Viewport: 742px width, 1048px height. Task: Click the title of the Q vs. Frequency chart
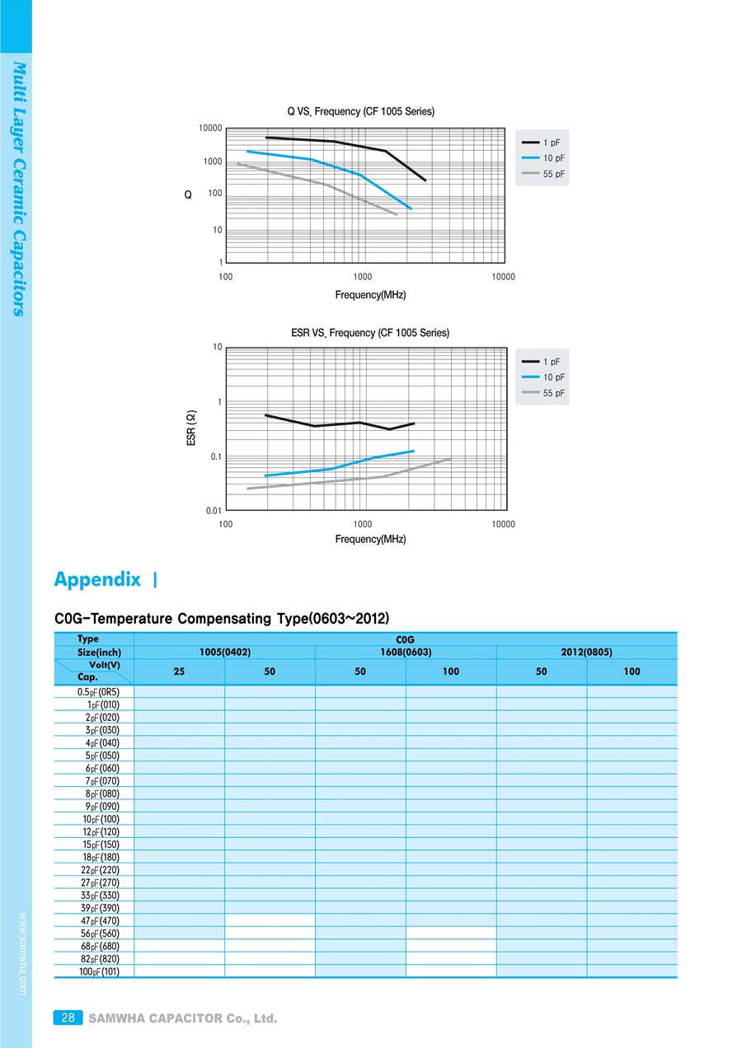pos(360,111)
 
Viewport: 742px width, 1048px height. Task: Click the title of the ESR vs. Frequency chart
pos(370,333)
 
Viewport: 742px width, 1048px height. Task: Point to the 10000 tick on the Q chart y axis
pos(210,129)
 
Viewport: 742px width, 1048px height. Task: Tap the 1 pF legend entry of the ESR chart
pos(552,362)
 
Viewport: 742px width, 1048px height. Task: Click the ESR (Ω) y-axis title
pos(191,428)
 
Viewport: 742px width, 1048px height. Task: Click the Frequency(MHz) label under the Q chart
pos(370,295)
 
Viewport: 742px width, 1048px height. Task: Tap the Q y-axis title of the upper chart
pos(188,195)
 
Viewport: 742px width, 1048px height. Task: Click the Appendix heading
pos(97,579)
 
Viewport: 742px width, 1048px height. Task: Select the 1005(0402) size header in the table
pos(224,652)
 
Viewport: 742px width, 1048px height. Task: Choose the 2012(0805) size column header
pos(586,652)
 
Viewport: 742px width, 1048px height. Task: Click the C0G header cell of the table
pos(405,639)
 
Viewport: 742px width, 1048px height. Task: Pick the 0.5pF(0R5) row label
pos(98,692)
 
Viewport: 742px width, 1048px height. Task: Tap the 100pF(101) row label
pos(99,971)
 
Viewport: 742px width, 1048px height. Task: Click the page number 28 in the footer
pos(68,1018)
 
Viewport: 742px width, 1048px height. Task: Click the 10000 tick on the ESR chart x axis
pos(503,524)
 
